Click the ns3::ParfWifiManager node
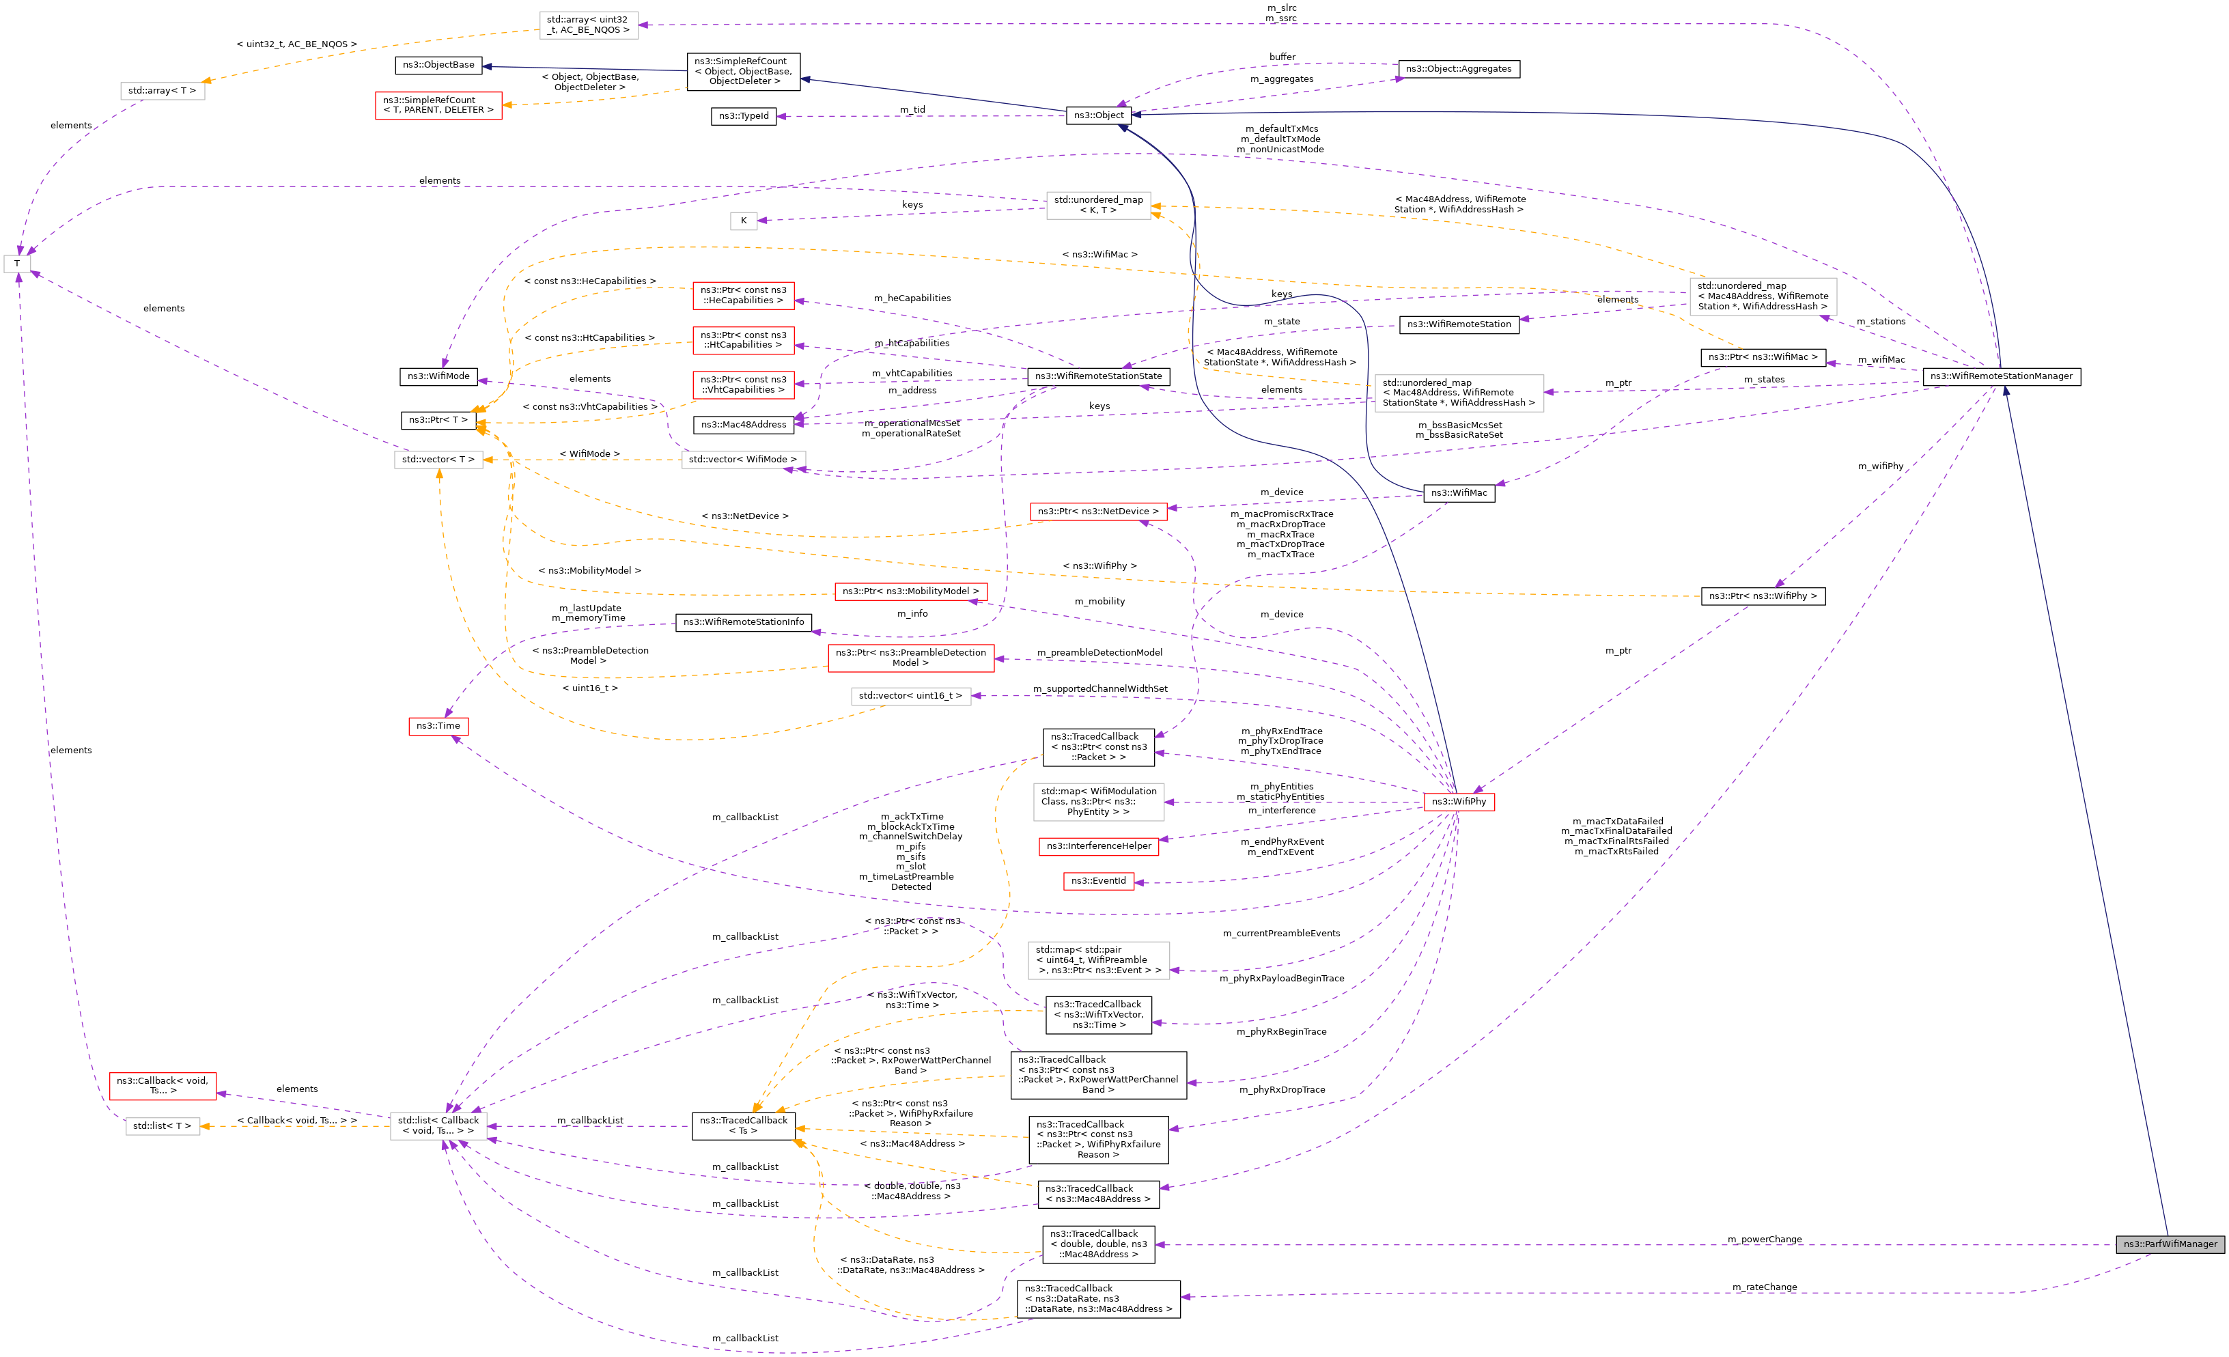[x=2170, y=1244]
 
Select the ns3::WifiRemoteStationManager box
[x=2001, y=376]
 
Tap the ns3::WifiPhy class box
[x=1458, y=802]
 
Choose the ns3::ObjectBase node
[x=438, y=65]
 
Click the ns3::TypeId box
[x=744, y=116]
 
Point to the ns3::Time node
[x=438, y=725]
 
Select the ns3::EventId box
[x=1098, y=880]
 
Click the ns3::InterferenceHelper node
[x=1098, y=846]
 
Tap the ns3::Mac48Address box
[x=744, y=424]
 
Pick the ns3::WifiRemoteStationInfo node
[x=744, y=621]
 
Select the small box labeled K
[x=744, y=221]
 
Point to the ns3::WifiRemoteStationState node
[x=1098, y=376]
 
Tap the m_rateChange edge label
[x=1764, y=1287]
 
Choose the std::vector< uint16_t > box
[x=910, y=696]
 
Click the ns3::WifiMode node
[x=438, y=376]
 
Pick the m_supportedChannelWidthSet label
[x=1100, y=688]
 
